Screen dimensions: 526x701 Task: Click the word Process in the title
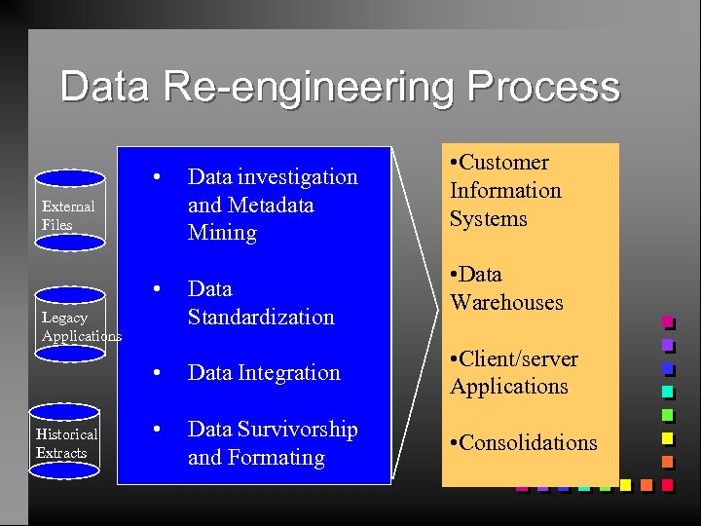point(542,87)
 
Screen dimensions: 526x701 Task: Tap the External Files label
point(68,215)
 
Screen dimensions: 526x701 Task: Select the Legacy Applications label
point(81,326)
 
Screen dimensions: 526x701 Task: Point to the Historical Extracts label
point(66,443)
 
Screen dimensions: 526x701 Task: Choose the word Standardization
point(260,317)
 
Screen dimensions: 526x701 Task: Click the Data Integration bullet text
point(264,372)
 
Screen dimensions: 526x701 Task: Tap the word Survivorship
point(298,430)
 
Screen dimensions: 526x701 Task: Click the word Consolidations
point(528,442)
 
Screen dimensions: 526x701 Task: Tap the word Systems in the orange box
point(488,218)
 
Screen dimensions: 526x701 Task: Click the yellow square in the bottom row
point(625,484)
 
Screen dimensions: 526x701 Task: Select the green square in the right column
point(668,415)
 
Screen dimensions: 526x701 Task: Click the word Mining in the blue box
point(222,232)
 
